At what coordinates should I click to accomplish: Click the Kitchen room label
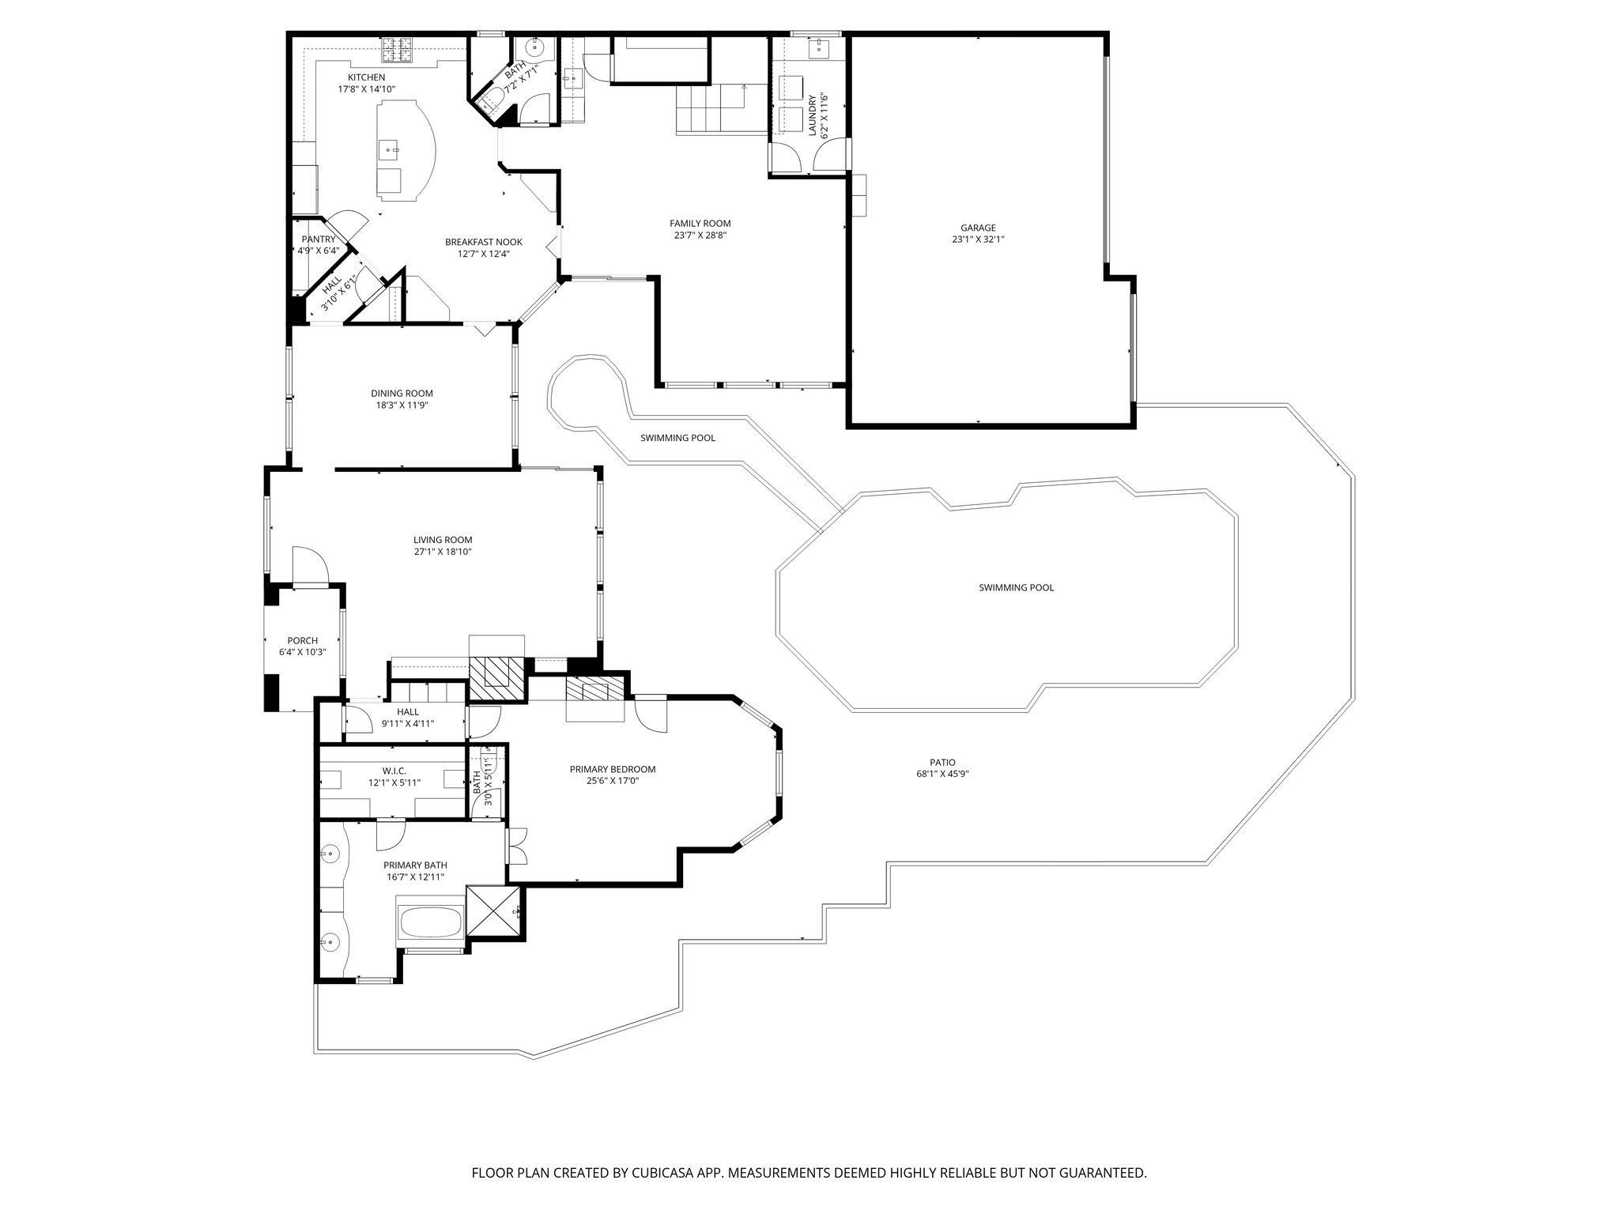[367, 77]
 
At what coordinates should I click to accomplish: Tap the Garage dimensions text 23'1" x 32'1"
[978, 239]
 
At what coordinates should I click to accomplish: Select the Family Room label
[700, 224]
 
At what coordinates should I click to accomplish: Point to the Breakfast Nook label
[483, 243]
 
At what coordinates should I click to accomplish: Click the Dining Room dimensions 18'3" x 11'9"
[402, 405]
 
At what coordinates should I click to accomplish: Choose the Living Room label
[442, 541]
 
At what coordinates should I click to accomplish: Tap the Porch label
[302, 641]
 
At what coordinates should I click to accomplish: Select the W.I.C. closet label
[394, 771]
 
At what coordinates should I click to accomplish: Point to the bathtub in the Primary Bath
[432, 921]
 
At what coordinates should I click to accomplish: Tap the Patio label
[937, 763]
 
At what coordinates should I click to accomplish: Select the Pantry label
[319, 239]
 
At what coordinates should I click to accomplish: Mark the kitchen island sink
[391, 148]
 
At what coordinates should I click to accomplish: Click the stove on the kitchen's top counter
[399, 51]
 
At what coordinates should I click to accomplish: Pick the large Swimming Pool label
[1016, 588]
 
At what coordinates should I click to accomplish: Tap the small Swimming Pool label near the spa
[677, 438]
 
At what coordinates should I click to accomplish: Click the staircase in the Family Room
[710, 109]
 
